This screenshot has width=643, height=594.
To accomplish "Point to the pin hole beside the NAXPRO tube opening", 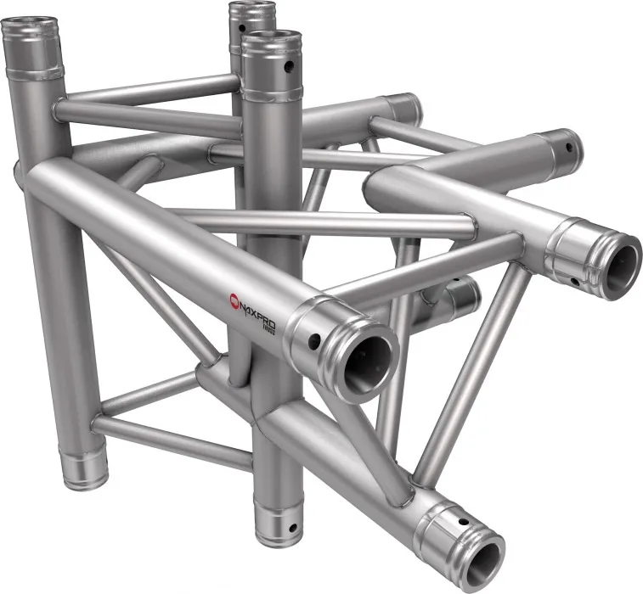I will (x=315, y=342).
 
